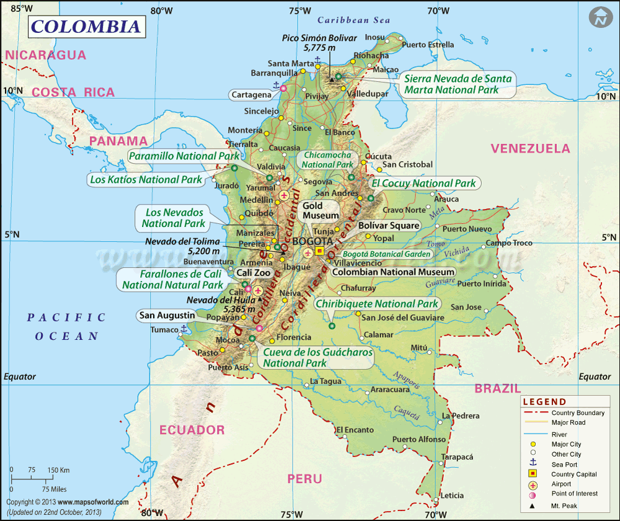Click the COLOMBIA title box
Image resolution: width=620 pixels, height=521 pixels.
86,27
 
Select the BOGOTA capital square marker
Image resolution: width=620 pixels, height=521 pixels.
320,251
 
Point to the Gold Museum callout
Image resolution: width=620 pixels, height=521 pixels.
321,210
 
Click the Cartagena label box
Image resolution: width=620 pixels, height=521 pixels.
251,95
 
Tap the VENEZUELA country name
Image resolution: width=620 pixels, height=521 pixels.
530,148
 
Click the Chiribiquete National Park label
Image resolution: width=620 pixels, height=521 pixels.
377,304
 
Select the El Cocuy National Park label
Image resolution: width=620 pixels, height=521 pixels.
423,183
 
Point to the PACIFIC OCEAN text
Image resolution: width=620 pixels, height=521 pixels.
66,327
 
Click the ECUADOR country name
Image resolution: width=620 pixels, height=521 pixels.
192,430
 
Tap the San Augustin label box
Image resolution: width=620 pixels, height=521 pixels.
166,315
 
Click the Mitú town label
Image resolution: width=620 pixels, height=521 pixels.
420,347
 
